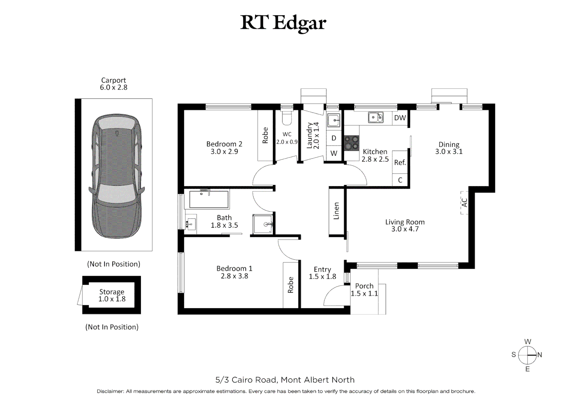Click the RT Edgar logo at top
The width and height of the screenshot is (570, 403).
(x=283, y=23)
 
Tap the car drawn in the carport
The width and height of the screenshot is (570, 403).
(x=117, y=176)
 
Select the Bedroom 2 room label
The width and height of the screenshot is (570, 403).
(x=224, y=144)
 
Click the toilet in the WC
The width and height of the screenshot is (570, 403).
(x=287, y=118)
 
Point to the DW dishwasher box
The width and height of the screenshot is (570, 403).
(x=400, y=118)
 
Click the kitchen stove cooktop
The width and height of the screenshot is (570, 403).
(x=351, y=143)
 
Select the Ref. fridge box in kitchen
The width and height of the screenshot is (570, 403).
(x=400, y=162)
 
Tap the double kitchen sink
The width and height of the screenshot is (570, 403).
(x=376, y=118)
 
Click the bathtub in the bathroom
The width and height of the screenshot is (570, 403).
(x=209, y=199)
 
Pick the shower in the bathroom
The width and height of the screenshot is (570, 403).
(x=263, y=224)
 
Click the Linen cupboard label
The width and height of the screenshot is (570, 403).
(x=336, y=211)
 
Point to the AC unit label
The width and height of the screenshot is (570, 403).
(x=464, y=203)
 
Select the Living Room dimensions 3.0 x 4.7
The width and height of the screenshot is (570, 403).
(x=405, y=229)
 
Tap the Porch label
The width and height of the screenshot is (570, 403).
(x=364, y=286)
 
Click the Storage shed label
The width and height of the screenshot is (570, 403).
(x=112, y=292)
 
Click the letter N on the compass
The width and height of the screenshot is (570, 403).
(x=540, y=355)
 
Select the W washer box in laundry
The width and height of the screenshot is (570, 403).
(x=334, y=153)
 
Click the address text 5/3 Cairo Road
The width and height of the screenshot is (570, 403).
(x=246, y=380)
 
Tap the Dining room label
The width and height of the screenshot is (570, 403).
(x=449, y=144)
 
